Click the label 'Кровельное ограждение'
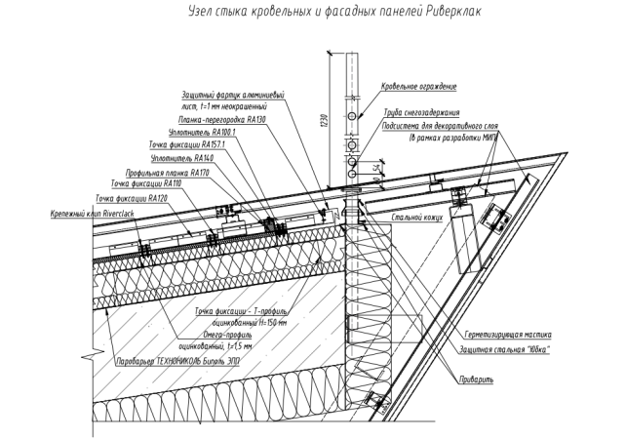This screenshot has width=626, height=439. (x=418, y=86)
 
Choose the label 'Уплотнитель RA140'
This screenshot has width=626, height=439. (x=177, y=157)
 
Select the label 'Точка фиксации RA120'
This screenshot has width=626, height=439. (x=126, y=197)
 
